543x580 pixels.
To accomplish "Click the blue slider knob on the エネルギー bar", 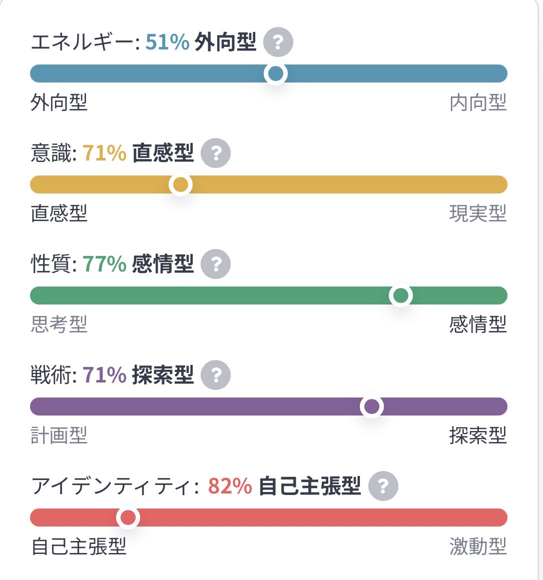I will point(276,74).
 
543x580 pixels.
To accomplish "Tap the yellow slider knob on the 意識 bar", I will point(180,185).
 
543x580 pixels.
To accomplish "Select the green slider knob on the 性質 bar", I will point(400,296).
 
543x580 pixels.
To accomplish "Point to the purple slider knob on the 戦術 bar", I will point(371,407).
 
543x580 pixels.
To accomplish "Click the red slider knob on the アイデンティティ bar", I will point(128,518).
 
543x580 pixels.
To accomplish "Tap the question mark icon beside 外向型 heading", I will point(278,42).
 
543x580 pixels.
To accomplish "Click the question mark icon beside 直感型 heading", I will point(216,153).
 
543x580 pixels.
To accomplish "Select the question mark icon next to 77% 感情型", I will point(216,264).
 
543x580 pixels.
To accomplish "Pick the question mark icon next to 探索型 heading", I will point(216,375).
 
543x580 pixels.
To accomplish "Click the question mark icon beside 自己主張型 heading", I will point(383,486).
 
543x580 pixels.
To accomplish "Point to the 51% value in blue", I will point(167,42).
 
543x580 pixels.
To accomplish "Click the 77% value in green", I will point(104,264).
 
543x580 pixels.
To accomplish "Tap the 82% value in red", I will point(230,486).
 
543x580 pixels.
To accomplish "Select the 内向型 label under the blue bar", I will point(478,103).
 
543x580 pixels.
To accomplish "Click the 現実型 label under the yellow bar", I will point(478,214).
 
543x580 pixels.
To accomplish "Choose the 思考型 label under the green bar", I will point(59,325).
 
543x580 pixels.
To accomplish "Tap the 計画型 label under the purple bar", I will point(59,436).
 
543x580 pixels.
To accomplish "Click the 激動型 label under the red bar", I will point(478,547).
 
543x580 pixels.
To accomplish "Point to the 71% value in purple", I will point(104,375).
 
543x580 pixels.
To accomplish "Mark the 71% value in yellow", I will point(104,153).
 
